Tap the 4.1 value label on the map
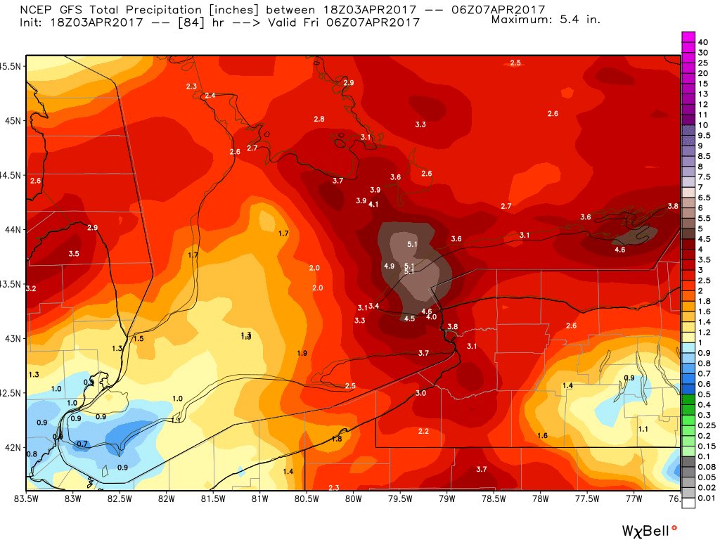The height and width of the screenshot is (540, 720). pyautogui.click(x=373, y=205)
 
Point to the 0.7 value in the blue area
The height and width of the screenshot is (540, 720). pyautogui.click(x=82, y=444)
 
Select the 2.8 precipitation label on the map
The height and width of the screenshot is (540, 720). pyautogui.click(x=319, y=120)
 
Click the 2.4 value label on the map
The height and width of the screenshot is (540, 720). pyautogui.click(x=210, y=96)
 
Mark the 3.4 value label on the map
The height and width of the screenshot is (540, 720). pyautogui.click(x=374, y=306)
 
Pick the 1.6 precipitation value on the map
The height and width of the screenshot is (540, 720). pyautogui.click(x=542, y=436)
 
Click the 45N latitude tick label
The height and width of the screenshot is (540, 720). pyautogui.click(x=12, y=120)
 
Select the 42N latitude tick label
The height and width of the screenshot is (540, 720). pyautogui.click(x=12, y=447)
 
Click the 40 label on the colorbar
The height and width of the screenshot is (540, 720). pyautogui.click(x=702, y=42)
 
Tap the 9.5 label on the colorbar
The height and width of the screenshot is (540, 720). pyautogui.click(x=703, y=135)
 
